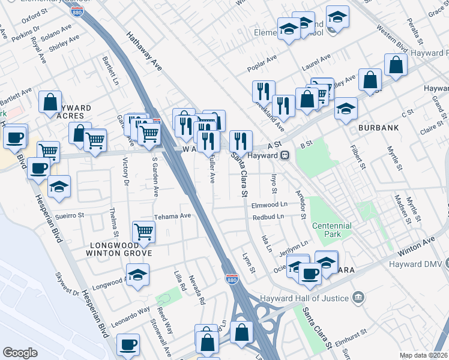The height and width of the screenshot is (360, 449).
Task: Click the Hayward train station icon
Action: point(286,155)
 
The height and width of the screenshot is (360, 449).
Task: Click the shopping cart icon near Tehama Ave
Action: point(143,231)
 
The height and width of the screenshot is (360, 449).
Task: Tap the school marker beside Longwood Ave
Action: point(138,275)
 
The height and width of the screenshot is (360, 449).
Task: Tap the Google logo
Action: point(20,353)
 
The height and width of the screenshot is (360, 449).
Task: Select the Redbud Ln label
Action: point(268,217)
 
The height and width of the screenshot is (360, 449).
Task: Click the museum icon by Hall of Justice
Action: point(358,297)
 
